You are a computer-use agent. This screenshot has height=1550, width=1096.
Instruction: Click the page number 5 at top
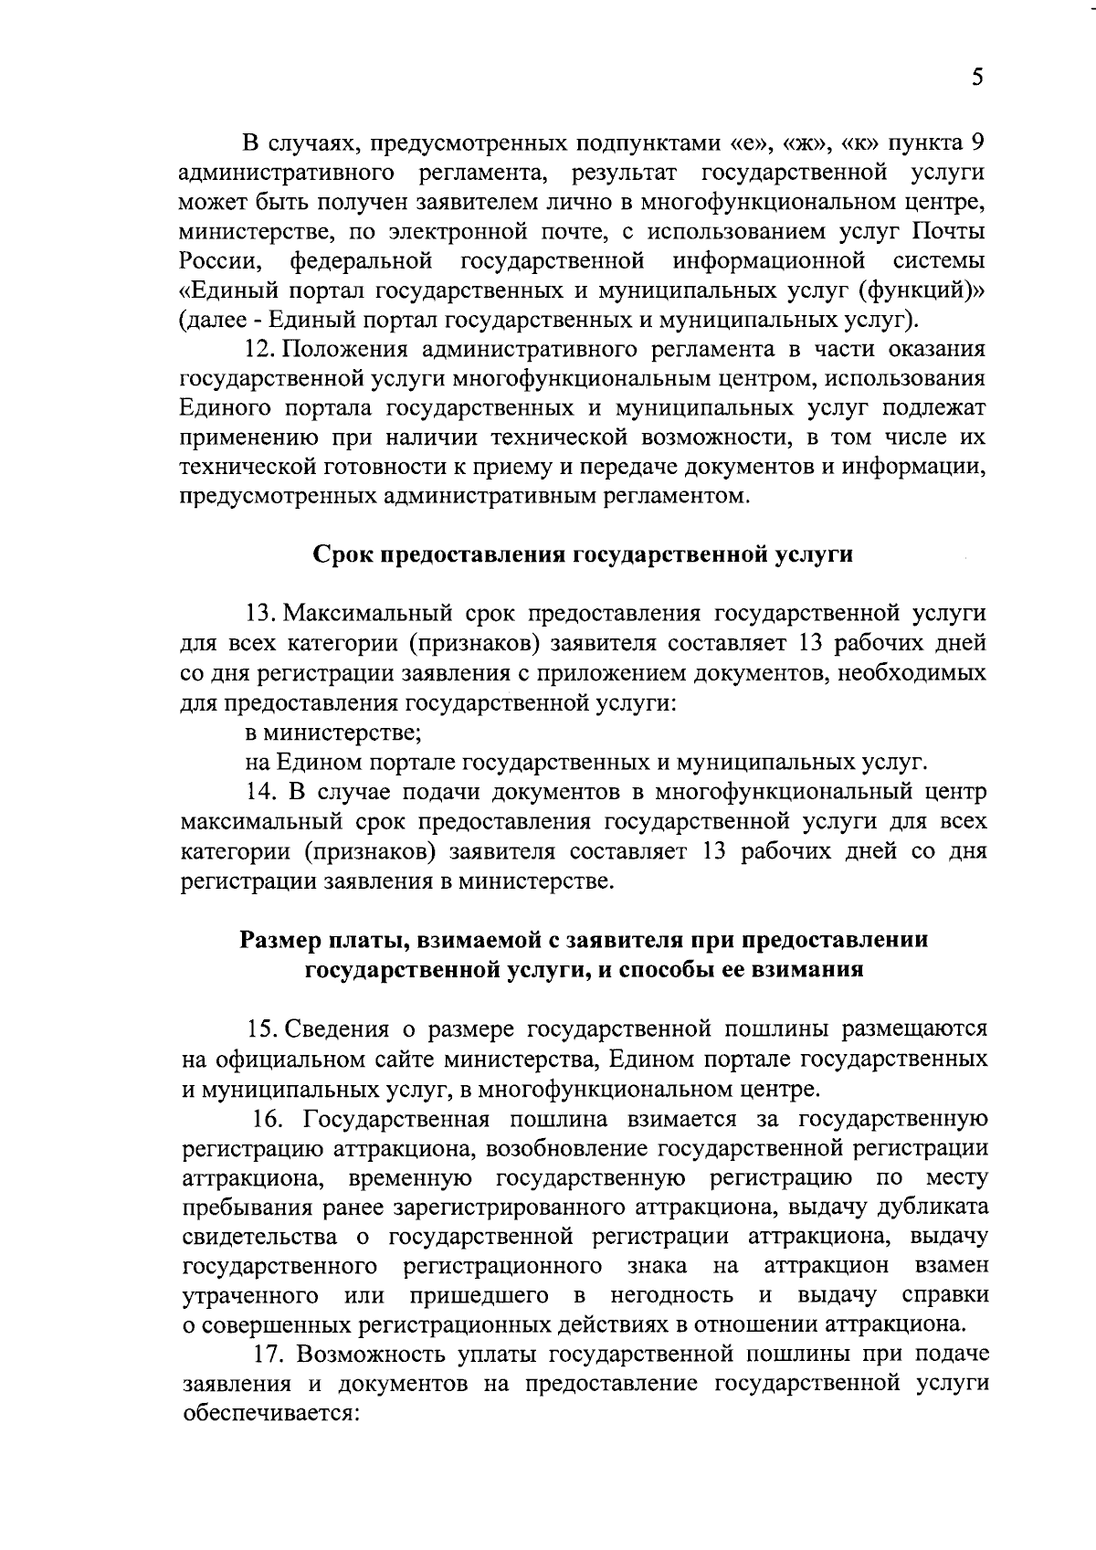click(976, 78)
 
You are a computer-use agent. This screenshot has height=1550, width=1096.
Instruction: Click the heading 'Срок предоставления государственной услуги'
click(583, 554)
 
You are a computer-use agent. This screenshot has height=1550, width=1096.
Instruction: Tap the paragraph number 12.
click(258, 349)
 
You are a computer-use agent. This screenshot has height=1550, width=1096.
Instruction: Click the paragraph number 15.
click(260, 1028)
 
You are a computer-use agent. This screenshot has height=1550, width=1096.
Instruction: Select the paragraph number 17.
click(269, 1353)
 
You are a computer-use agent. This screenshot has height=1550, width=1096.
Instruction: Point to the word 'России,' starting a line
click(222, 261)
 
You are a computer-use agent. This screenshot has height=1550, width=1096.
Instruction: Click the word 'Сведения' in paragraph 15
click(338, 1028)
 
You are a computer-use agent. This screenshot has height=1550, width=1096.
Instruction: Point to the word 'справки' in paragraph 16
click(944, 1295)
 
